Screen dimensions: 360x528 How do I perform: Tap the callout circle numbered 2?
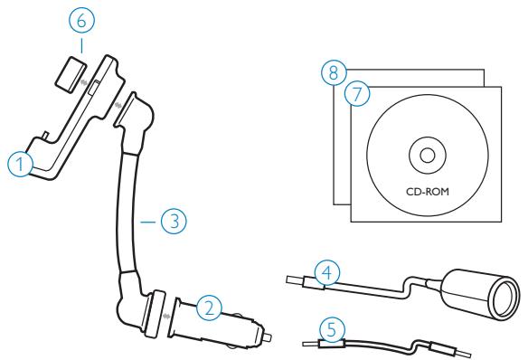click(210, 308)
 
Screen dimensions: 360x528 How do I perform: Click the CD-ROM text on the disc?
click(424, 193)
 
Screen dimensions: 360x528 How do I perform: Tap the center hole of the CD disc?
click(423, 152)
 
